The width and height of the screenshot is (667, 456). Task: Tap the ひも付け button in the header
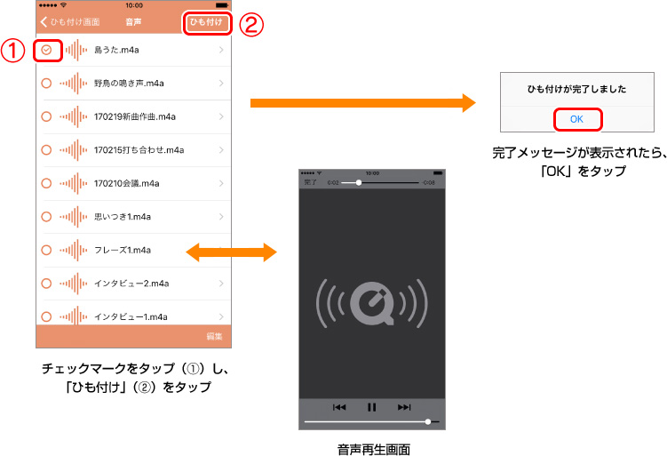[209, 21]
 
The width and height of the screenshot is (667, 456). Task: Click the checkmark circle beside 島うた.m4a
[47, 51]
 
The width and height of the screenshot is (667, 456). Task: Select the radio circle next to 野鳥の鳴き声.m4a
[47, 84]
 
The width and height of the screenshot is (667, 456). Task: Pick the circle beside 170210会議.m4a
[47, 183]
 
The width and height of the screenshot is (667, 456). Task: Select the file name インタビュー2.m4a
[131, 283]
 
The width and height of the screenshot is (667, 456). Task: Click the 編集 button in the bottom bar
[214, 336]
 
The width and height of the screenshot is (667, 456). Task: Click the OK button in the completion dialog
[577, 118]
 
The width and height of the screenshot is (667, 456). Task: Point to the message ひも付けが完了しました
[577, 89]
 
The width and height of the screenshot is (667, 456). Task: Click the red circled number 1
[13, 51]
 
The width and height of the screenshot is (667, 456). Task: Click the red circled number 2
[254, 24]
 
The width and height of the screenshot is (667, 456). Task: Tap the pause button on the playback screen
[371, 407]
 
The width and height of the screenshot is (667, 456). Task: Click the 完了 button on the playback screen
[311, 182]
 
